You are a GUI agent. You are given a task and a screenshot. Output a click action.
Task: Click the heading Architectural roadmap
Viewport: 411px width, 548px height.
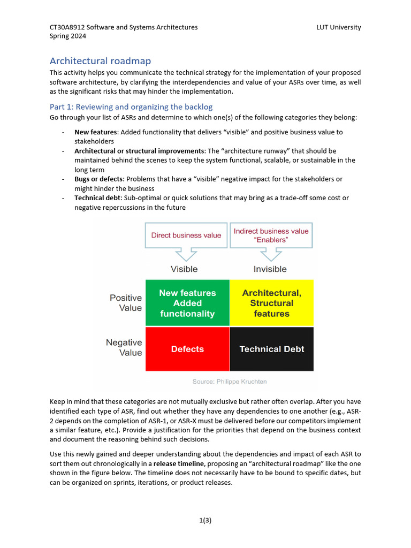point(104,61)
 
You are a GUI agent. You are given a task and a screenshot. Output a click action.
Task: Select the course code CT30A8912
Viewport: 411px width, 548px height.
point(67,27)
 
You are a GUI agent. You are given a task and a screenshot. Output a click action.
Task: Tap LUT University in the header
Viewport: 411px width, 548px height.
point(338,27)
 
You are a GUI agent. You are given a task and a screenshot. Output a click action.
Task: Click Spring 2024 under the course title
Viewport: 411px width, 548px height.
point(68,36)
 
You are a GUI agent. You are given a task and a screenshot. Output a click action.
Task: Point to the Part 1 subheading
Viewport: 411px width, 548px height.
point(131,107)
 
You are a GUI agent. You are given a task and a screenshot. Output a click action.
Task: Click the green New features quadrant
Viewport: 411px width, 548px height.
point(187,303)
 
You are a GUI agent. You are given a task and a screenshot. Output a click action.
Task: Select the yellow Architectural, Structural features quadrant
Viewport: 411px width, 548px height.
point(271,303)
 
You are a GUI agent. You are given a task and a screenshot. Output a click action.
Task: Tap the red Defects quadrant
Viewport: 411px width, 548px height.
point(187,349)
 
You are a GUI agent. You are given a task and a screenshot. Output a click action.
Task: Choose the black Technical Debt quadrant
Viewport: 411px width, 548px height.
point(271,349)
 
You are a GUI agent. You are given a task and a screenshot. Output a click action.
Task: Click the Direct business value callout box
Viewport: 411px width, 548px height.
point(186,235)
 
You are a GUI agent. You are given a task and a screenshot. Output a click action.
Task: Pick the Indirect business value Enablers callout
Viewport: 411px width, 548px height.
point(271,235)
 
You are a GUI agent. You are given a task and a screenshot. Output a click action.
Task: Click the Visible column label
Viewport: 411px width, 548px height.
point(184,269)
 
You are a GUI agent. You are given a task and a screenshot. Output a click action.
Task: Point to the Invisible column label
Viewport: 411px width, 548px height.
point(270,269)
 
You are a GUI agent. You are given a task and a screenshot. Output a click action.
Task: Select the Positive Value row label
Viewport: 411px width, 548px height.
point(126,303)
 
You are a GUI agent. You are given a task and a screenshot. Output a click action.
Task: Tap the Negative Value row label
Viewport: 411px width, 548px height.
point(124,347)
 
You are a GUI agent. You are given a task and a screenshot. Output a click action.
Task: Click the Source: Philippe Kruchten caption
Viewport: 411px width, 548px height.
point(229,382)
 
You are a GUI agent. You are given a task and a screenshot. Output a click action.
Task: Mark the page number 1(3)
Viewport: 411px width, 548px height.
point(205,520)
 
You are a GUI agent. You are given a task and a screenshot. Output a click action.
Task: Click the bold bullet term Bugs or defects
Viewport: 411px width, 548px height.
point(98,179)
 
